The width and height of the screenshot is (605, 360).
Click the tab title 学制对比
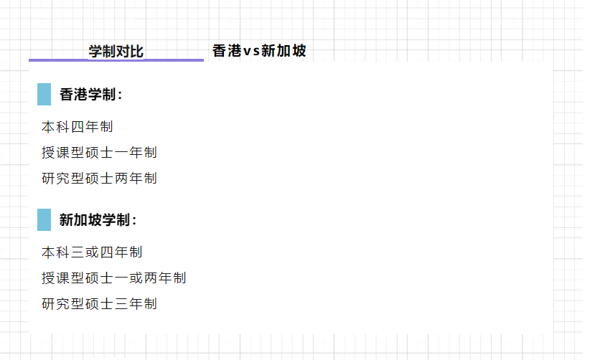click(116, 51)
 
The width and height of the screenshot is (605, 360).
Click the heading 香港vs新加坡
click(259, 51)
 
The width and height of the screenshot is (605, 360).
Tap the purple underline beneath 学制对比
click(116, 60)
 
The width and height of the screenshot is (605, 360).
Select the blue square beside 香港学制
click(44, 95)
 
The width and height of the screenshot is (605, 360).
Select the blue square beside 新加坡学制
click(44, 219)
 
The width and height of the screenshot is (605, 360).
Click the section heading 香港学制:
click(91, 95)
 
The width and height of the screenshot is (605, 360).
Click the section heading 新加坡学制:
click(98, 220)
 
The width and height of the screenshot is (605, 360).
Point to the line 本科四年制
click(78, 127)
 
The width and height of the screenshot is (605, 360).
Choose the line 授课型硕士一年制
click(99, 153)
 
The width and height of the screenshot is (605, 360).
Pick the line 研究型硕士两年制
click(99, 179)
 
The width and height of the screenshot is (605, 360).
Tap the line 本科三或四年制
click(92, 252)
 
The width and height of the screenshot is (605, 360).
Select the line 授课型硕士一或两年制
click(114, 278)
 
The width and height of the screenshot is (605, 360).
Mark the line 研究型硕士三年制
click(99, 304)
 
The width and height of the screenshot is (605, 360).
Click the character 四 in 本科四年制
click(78, 127)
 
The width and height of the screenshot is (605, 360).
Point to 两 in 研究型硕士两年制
click(121, 179)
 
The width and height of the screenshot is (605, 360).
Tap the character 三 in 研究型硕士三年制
click(121, 304)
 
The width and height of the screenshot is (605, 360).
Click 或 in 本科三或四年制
click(92, 252)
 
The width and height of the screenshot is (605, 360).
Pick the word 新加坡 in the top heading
click(283, 51)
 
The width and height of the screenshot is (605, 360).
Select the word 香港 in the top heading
click(227, 51)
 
